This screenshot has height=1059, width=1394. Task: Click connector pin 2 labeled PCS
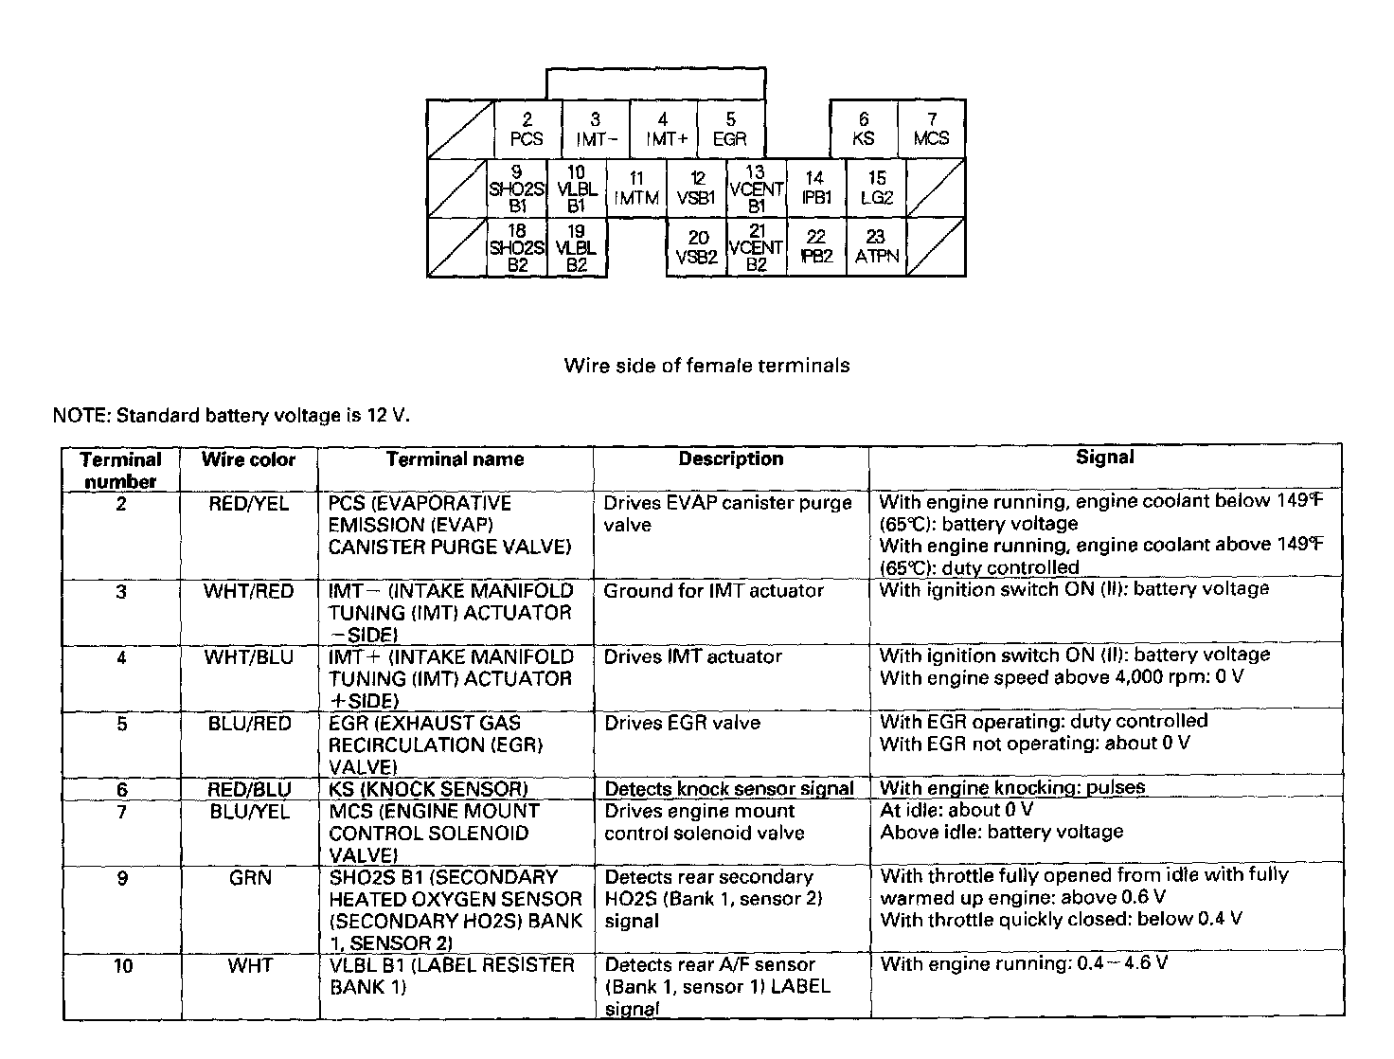pyautogui.click(x=527, y=129)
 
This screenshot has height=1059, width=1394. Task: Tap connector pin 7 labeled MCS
pyautogui.click(x=932, y=129)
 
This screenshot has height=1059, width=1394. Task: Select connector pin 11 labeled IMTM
pyautogui.click(x=636, y=188)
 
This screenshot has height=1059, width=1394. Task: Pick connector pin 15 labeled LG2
pyautogui.click(x=877, y=188)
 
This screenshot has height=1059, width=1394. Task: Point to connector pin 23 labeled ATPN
pyautogui.click(x=877, y=247)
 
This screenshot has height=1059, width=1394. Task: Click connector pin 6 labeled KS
pyautogui.click(x=864, y=129)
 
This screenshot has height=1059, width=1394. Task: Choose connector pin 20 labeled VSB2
pyautogui.click(x=697, y=247)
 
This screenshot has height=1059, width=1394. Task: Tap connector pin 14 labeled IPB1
pyautogui.click(x=815, y=188)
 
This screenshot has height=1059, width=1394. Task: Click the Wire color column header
pyautogui.click(x=248, y=460)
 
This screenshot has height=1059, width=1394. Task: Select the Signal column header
pyautogui.click(x=1104, y=458)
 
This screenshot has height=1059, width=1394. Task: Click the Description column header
pyautogui.click(x=730, y=459)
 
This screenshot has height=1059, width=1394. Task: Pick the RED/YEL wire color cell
pyautogui.click(x=248, y=504)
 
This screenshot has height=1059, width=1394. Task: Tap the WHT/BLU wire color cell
pyautogui.click(x=248, y=657)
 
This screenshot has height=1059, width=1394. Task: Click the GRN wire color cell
pyautogui.click(x=250, y=878)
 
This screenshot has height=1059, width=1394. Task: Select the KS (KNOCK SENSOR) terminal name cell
pyautogui.click(x=428, y=789)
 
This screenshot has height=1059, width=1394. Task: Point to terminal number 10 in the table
pyautogui.click(x=122, y=966)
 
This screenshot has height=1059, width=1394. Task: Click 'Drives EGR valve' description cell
pyautogui.click(x=682, y=724)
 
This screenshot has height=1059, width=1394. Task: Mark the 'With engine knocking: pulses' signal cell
pyautogui.click(x=1012, y=787)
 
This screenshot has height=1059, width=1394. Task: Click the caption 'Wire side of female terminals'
pyautogui.click(x=706, y=366)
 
